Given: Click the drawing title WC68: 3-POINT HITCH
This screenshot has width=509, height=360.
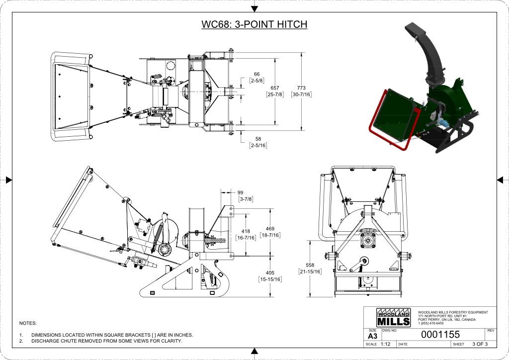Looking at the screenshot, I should coord(254,24).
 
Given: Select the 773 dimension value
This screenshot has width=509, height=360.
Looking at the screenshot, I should coord(301,88).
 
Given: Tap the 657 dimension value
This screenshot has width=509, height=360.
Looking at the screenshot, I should coord(274,88).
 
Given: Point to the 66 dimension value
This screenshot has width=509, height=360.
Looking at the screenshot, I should coord(256,74).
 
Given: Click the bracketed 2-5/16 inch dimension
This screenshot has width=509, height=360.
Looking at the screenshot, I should coord(258,145).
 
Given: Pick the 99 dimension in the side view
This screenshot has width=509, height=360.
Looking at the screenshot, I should coord(240,192).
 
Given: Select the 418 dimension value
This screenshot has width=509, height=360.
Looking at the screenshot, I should coord(246,231).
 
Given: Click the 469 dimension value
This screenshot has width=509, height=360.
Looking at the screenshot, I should coord(270,229).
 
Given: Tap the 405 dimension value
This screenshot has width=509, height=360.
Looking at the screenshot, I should coord(270,272).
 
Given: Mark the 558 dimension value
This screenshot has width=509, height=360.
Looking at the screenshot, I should coord(310,265).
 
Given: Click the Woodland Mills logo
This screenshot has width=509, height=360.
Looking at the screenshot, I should coord(394,318).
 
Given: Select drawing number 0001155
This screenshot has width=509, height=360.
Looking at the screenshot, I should coord(440,335).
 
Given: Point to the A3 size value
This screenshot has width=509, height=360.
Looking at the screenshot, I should coord(372,336).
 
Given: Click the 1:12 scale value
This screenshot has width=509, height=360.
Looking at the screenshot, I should coord(386,344).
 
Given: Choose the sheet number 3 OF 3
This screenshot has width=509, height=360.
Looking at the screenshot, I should coord(480,344).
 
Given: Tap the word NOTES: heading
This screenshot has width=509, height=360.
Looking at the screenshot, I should coord(28,323).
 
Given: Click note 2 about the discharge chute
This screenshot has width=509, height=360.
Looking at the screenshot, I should coord(106,341).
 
